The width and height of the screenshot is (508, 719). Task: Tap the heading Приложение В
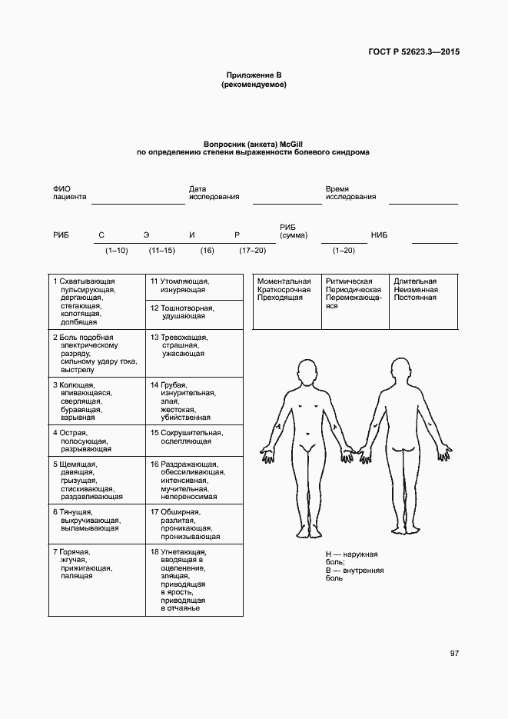coord(254,75)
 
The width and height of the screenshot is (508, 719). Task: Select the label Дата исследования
coord(214,192)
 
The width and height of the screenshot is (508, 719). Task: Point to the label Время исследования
coord(350,192)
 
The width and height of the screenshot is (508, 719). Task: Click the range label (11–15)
coord(162,251)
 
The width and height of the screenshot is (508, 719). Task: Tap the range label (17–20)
coord(252,251)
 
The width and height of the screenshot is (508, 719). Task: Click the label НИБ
coord(379,235)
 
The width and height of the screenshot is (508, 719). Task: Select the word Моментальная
coord(284,281)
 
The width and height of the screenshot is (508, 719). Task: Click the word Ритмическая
coord(349,281)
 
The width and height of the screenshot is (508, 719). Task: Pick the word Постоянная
coord(415,298)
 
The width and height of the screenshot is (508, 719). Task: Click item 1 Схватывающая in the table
coord(84,281)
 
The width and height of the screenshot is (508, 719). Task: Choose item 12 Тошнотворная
coord(182,308)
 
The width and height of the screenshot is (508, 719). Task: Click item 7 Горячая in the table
coord(71,552)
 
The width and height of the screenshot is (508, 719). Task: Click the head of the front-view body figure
coord(307,374)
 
